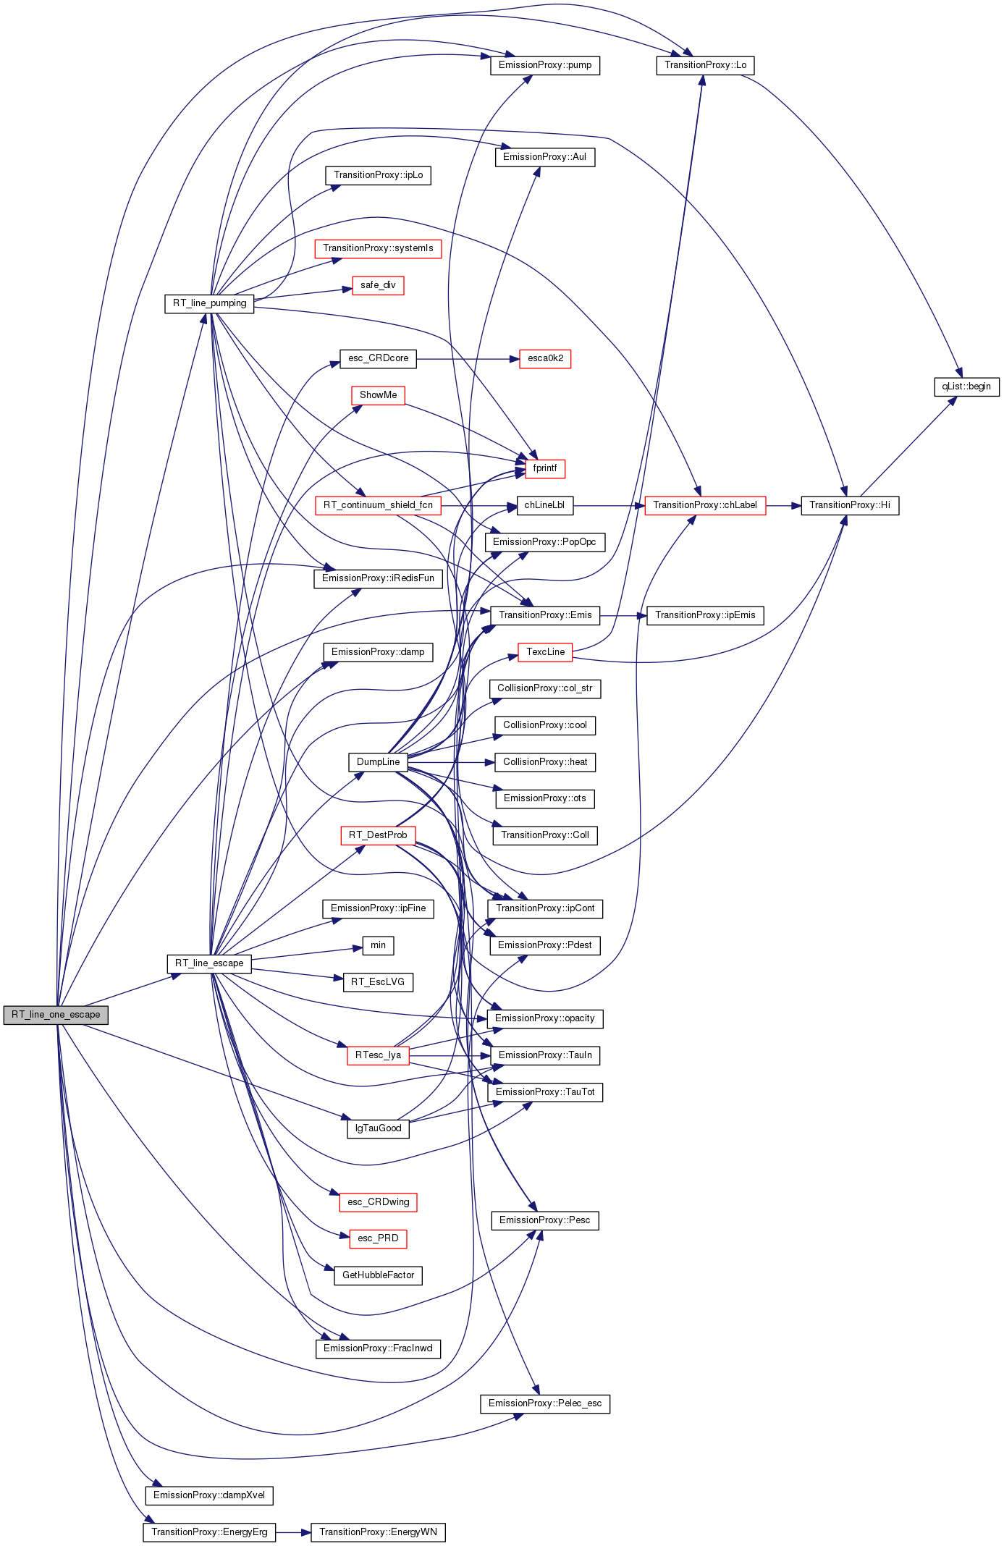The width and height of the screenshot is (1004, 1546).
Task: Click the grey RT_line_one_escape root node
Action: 56,1015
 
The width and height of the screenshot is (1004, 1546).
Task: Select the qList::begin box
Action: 966,386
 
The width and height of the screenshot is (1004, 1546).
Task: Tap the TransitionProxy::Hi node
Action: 850,505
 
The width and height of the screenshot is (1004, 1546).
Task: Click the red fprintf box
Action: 545,468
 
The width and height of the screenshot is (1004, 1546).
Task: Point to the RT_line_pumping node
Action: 209,303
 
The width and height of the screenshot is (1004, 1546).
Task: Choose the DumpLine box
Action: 378,762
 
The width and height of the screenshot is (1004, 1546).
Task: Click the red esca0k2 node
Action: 545,358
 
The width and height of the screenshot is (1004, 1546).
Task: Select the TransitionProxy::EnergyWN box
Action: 378,1532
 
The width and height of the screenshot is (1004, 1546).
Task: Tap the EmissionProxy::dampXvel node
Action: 209,1495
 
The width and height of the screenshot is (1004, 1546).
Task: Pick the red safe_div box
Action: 378,285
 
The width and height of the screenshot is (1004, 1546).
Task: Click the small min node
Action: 378,945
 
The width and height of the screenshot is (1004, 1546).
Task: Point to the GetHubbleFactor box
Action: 378,1275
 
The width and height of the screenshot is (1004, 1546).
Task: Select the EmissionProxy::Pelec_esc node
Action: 545,1403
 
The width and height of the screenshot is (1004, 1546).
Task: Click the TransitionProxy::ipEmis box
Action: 705,615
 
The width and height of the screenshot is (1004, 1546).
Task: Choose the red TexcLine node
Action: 545,652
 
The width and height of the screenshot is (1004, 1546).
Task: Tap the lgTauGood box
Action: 378,1128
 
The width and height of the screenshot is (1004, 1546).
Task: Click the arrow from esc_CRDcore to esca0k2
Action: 468,358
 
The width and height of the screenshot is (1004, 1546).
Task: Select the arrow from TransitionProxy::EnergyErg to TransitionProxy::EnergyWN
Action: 293,1532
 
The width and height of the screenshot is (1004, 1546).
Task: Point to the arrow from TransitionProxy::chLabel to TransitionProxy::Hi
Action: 783,505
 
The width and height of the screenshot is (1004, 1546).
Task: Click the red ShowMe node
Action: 378,395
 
